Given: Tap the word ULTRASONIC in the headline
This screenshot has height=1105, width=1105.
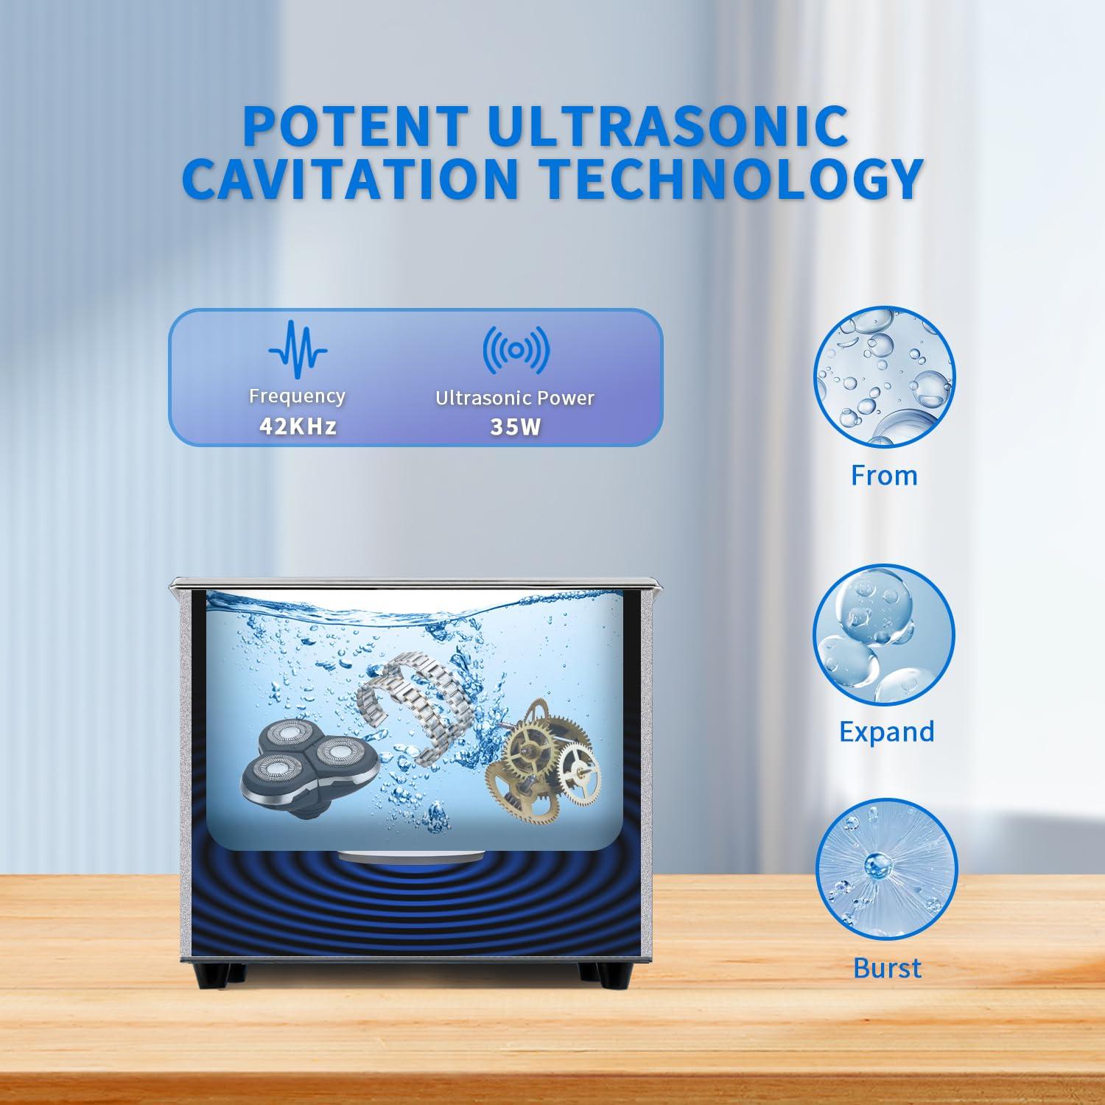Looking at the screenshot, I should [x=667, y=126].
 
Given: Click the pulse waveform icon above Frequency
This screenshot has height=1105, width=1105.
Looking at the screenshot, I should [x=298, y=349].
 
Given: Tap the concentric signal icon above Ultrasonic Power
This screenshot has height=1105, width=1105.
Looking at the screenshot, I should [x=516, y=349].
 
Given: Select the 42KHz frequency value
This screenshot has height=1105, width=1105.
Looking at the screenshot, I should [x=298, y=426].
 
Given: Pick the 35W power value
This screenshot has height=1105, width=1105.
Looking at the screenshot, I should [x=515, y=427].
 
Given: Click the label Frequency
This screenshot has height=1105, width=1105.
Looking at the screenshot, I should [x=297, y=396].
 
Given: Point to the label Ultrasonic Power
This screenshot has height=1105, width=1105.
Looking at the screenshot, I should [x=515, y=398].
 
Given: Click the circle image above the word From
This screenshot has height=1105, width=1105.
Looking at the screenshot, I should [x=883, y=378].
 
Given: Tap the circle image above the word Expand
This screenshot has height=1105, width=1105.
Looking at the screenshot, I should [x=883, y=634].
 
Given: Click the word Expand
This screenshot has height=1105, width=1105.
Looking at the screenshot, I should [x=887, y=732].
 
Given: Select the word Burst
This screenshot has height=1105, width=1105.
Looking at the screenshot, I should [x=887, y=967].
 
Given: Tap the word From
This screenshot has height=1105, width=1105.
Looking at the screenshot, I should [x=884, y=475].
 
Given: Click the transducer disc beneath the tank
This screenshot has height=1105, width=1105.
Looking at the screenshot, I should [x=411, y=857].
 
